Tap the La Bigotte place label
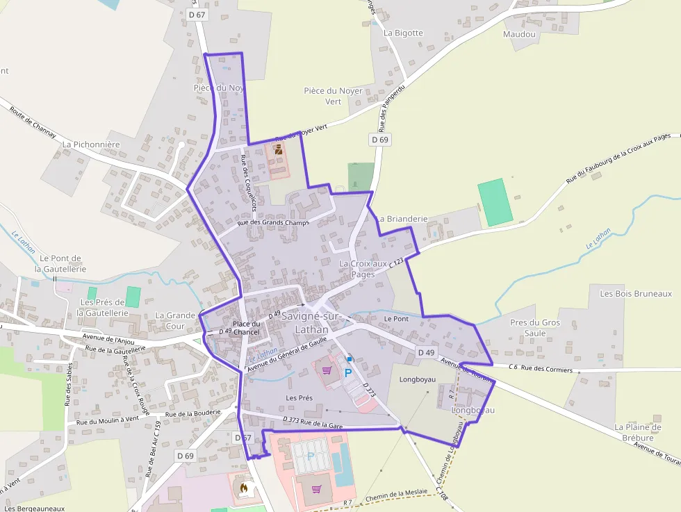coord(403,33)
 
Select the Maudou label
coord(519,33)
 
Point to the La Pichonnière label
coord(91,144)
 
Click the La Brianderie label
coord(402,218)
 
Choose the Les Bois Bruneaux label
coord(636,294)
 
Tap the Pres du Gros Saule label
coord(534,328)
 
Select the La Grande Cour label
coord(175,320)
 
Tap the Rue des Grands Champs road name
coord(272,222)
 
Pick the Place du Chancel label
coord(246,328)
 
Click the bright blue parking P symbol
coord(348,372)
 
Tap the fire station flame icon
coord(243,489)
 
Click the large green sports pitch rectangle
coord(495,201)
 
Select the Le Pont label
coord(396,318)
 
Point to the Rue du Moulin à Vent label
coord(108,420)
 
